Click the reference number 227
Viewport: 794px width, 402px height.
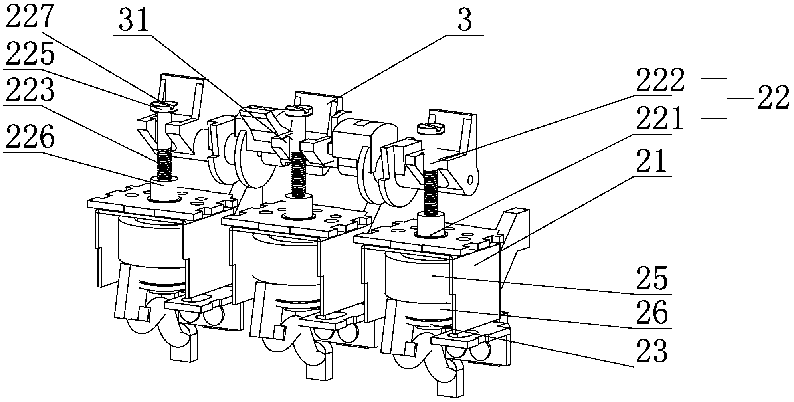(x=30, y=16)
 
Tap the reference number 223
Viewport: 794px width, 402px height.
(x=30, y=91)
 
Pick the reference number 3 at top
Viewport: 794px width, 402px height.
(x=464, y=21)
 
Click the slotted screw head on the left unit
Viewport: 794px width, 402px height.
(x=164, y=106)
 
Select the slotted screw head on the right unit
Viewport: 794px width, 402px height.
(x=431, y=128)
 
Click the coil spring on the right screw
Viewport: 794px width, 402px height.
(x=431, y=192)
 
